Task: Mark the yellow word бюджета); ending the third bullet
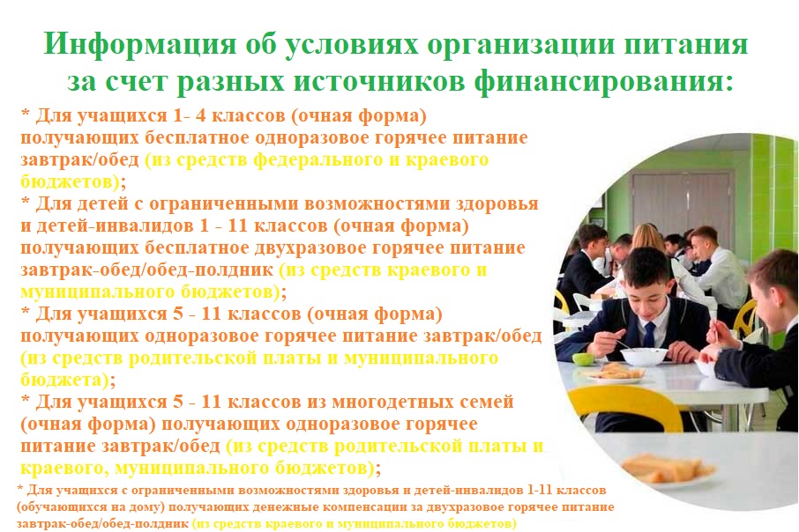[x=68, y=380]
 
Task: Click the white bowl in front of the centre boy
[x=644, y=357]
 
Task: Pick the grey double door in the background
[x=682, y=203]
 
